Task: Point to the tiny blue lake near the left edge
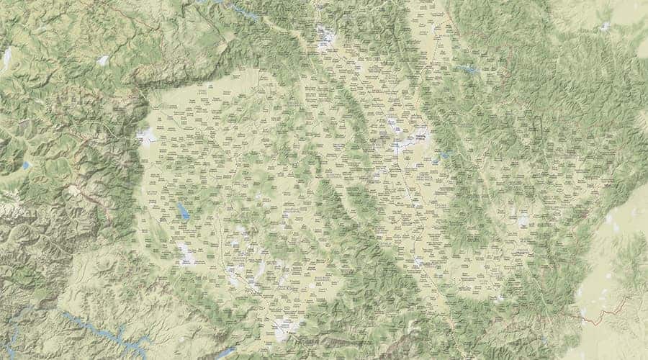[27, 165]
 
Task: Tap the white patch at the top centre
[325, 36]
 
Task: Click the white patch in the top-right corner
[605, 27]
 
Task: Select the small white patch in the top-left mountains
[103, 60]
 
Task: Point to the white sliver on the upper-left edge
[7, 58]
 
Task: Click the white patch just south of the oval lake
[185, 252]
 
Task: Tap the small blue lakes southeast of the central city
[443, 155]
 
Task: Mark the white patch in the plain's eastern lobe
[522, 220]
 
